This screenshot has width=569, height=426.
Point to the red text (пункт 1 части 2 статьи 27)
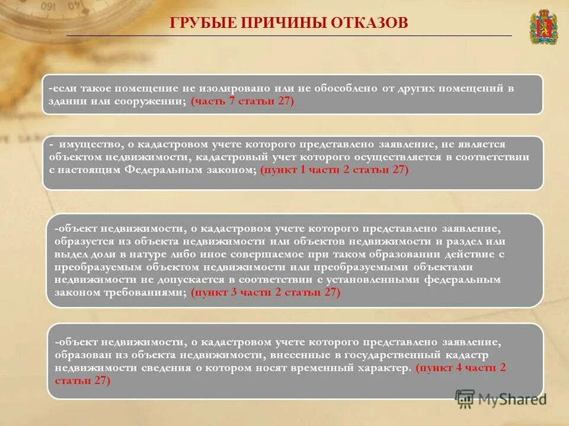334,169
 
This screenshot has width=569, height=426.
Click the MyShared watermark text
512,399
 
